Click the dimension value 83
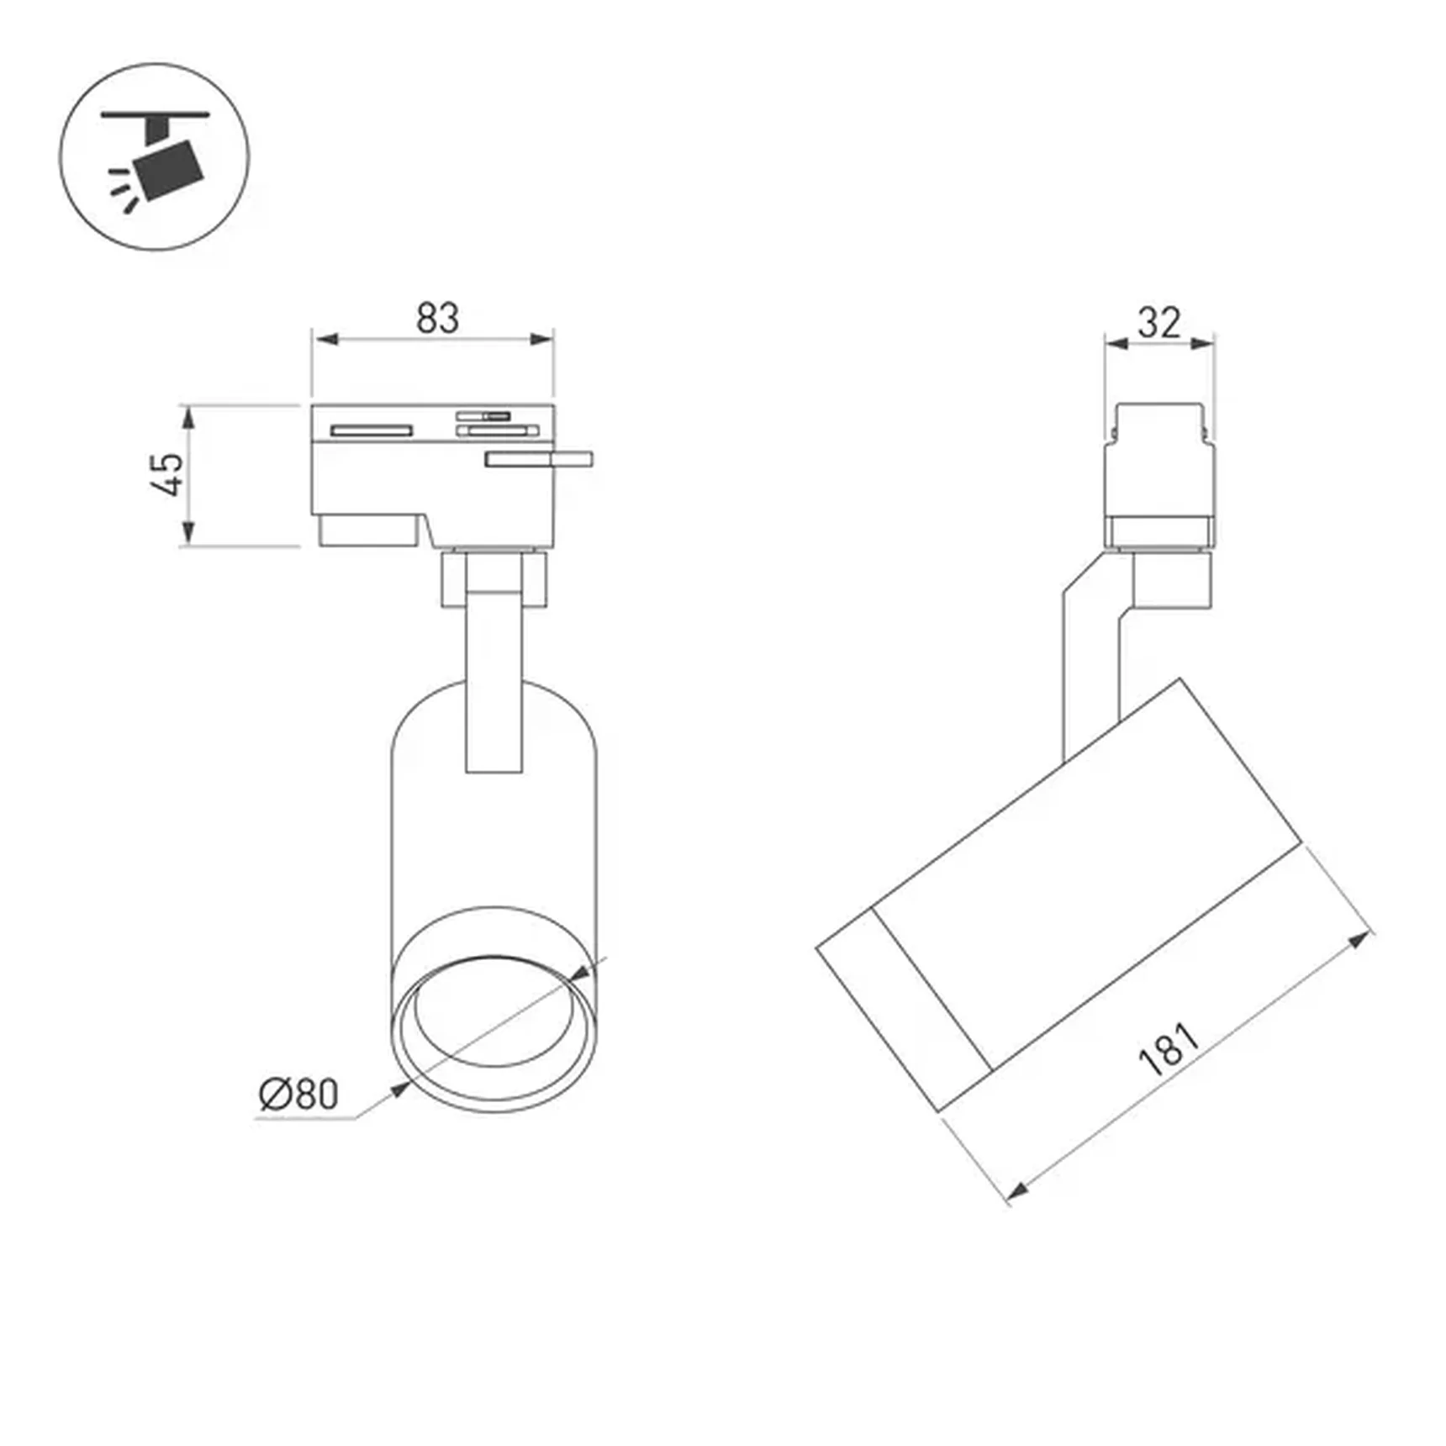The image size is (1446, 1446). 438,319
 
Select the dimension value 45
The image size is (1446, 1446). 169,474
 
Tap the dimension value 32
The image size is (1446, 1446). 1159,322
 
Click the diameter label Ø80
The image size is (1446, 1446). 299,1094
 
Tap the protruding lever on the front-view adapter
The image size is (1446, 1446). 539,459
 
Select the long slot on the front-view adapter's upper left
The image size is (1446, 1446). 372,430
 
